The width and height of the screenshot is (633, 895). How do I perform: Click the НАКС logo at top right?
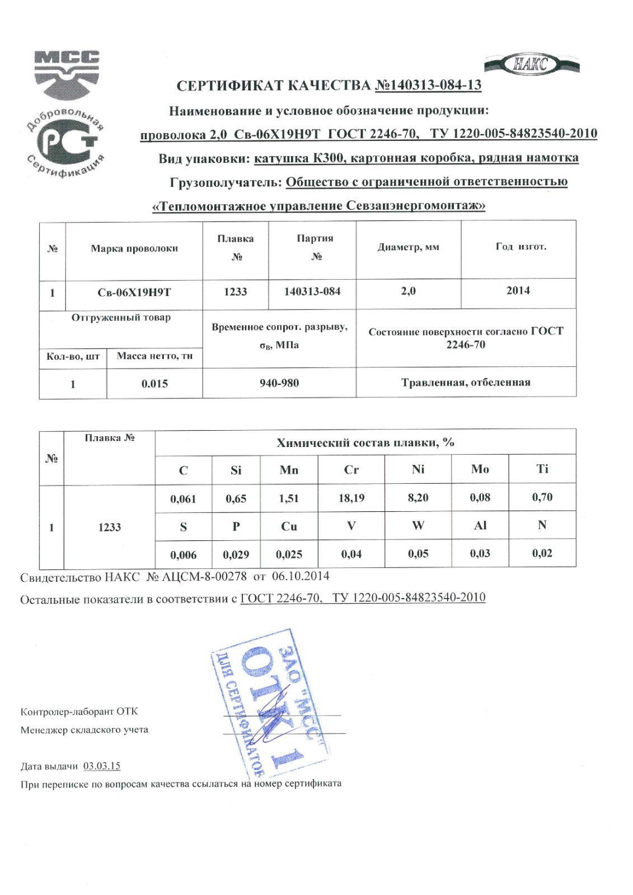point(531,64)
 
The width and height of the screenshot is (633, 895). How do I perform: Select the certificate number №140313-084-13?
point(428,85)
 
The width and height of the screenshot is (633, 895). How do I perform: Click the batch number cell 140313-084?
point(312,291)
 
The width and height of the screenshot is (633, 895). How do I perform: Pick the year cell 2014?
point(518,290)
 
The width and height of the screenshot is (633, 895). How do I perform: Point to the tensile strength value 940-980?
point(279,383)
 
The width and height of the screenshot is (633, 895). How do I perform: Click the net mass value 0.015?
point(154,384)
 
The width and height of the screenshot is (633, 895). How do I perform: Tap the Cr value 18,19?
point(351,498)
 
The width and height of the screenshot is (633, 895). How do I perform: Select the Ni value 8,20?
point(418,498)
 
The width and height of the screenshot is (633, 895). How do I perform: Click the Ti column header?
point(542,469)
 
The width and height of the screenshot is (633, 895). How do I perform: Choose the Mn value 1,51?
point(289,498)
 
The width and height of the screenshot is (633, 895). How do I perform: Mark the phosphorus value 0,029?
point(236,554)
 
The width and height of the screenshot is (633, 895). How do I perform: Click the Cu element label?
point(289,526)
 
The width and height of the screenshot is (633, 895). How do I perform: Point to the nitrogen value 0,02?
point(542,553)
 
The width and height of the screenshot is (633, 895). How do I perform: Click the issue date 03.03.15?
point(102,766)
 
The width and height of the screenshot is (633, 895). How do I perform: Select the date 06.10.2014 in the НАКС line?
point(301,576)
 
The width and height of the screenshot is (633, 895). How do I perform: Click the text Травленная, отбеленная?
point(466,383)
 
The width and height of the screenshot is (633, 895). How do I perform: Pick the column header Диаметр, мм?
point(408,247)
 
